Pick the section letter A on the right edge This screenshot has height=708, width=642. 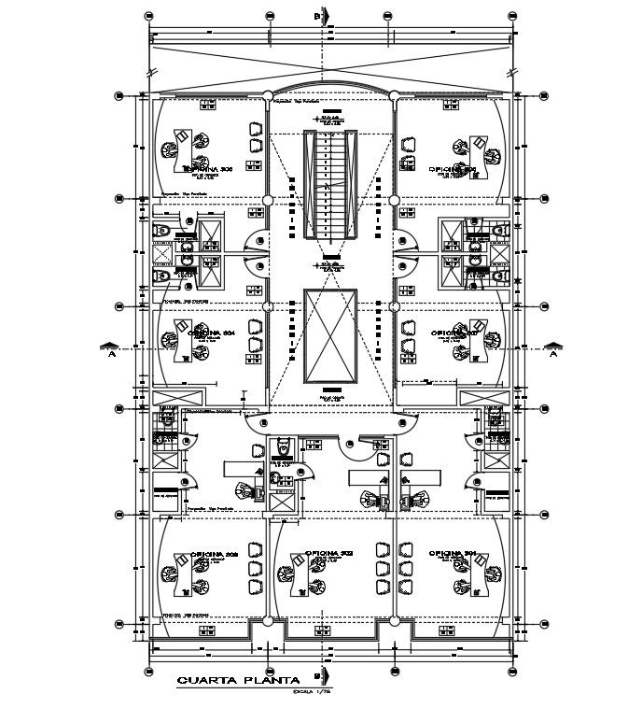(x=552, y=353)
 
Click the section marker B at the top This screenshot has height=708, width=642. (x=318, y=17)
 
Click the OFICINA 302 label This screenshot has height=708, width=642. (x=328, y=554)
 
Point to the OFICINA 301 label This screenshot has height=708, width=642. (x=453, y=554)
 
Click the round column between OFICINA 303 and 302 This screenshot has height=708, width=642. (x=268, y=620)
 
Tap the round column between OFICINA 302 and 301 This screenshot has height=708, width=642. (x=394, y=620)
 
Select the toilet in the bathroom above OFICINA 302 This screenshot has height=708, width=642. (x=284, y=449)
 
